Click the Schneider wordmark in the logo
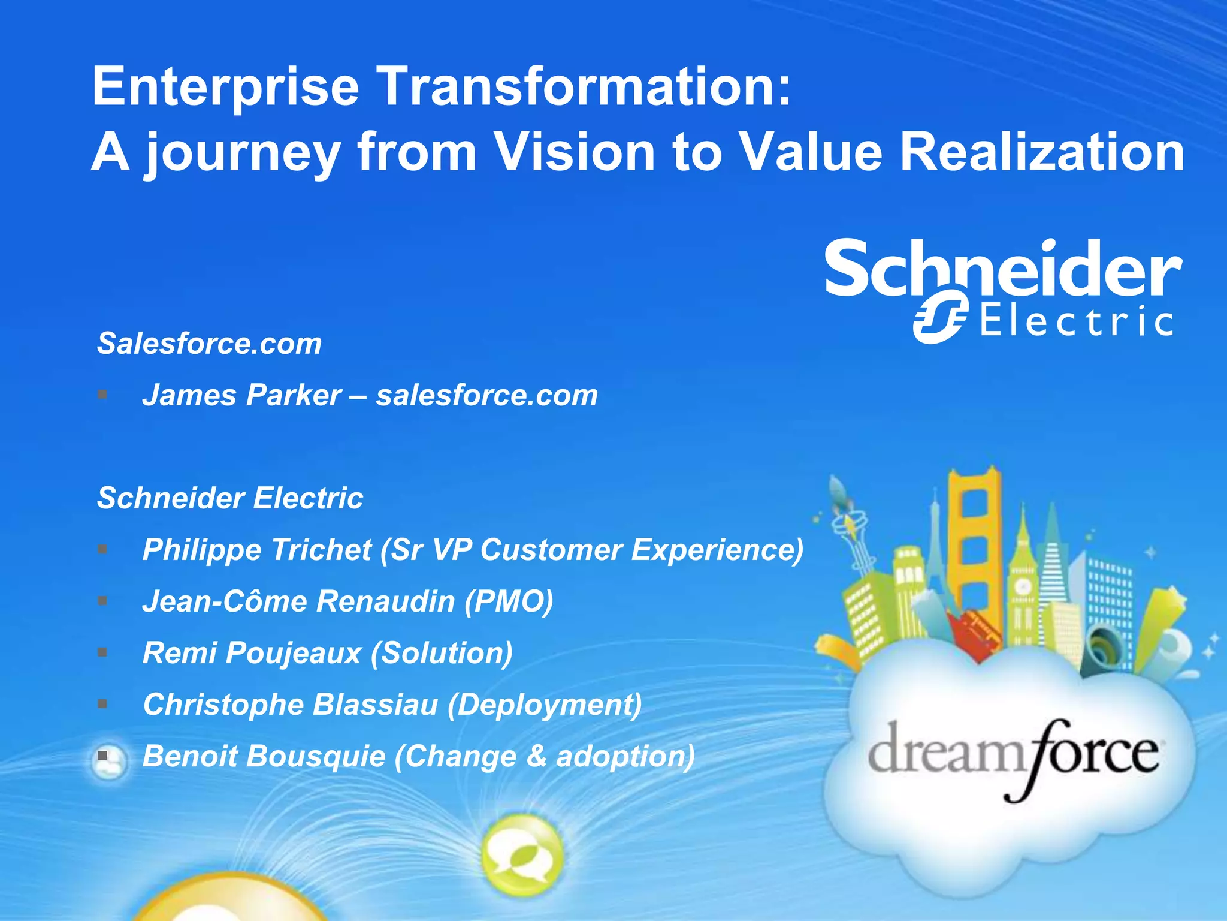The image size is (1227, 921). tap(1004, 268)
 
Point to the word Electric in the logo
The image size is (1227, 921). tap(1076, 321)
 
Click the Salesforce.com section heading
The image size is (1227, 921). tap(209, 344)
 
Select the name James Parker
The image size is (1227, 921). tap(242, 395)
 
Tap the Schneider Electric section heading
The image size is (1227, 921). tap(230, 498)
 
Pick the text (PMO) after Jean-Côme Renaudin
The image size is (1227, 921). tap(509, 601)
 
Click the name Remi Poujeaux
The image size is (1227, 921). tap(252, 653)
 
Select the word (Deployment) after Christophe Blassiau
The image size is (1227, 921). tap(545, 705)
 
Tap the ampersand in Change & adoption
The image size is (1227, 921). tap(536, 756)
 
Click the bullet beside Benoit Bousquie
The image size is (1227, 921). tap(103, 756)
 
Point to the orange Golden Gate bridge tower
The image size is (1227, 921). tap(975, 540)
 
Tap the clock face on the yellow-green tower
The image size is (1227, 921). tap(1023, 586)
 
